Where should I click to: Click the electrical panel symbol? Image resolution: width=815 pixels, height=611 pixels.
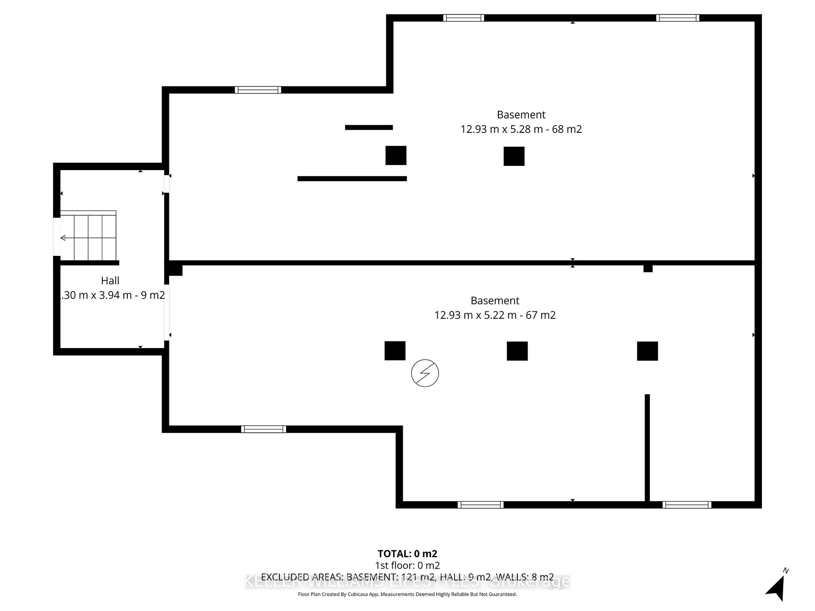(x=425, y=373)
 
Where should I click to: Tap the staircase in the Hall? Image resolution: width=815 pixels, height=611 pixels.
(x=88, y=236)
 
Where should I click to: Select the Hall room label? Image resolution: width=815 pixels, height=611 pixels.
(x=110, y=280)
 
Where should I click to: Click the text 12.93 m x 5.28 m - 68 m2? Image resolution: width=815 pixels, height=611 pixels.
(x=521, y=129)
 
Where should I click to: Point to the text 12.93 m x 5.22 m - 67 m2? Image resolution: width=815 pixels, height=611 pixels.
(x=495, y=315)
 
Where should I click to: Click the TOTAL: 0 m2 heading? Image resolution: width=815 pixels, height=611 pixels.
(x=407, y=553)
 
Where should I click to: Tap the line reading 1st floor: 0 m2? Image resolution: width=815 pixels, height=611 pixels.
(x=407, y=565)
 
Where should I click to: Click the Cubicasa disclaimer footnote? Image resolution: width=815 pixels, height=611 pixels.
(x=407, y=594)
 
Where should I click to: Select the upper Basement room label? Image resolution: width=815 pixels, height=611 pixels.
(x=521, y=115)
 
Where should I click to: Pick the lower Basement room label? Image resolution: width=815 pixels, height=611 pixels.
(x=495, y=300)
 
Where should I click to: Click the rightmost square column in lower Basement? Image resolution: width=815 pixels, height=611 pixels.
(x=647, y=351)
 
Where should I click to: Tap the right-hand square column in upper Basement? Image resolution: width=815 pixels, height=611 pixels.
(x=514, y=156)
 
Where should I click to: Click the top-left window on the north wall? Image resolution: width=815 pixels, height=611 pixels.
(x=464, y=18)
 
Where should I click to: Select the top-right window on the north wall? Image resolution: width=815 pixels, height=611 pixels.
(x=677, y=18)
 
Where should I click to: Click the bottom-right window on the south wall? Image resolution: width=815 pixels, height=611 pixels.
(x=686, y=504)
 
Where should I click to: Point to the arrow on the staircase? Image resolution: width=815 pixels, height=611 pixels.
(x=63, y=238)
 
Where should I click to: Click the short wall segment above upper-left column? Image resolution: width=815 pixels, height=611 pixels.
(x=369, y=127)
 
